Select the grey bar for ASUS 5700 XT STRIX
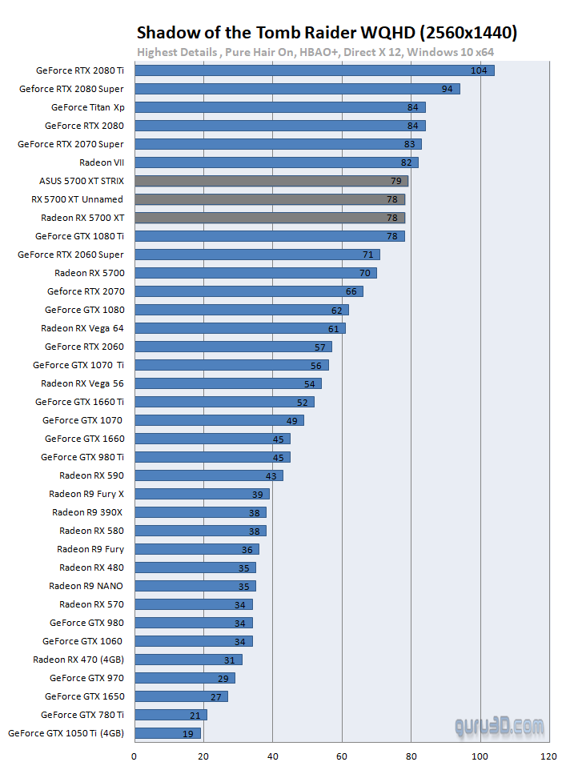coord(271,181)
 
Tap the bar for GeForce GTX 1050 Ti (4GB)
coord(167,732)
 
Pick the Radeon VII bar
coord(275,162)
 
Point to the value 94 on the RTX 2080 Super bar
coord(447,89)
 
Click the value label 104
coord(479,70)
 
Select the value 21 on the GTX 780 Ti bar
coord(195,715)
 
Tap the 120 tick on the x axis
coord(548,755)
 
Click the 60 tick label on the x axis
coord(342,755)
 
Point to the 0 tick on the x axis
coord(134,755)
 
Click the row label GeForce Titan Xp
coord(87,107)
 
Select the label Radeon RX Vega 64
coord(82,328)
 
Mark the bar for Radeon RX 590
coord(208,475)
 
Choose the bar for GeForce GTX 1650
coord(181,696)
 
